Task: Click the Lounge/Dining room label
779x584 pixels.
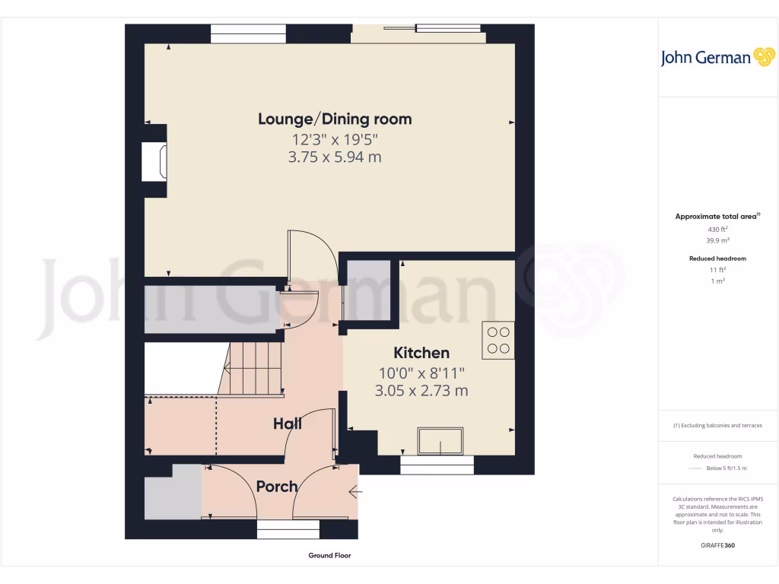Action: click(335, 119)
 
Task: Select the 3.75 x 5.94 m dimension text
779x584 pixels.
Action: click(335, 157)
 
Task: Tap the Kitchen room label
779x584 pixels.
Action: click(421, 353)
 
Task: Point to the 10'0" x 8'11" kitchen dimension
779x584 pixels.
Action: click(421, 373)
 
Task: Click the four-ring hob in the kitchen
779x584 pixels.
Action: click(498, 340)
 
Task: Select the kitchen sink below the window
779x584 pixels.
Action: click(440, 440)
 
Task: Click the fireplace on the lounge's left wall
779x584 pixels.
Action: click(154, 162)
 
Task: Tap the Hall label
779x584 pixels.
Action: click(288, 424)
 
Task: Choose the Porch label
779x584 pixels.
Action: click(276, 487)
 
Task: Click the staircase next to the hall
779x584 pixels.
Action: click(253, 369)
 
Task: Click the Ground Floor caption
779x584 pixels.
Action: click(329, 556)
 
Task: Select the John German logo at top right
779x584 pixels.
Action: click(717, 58)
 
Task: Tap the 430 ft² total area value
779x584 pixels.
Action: click(717, 229)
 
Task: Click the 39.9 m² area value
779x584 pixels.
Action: click(717, 240)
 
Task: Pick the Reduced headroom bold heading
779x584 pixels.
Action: click(717, 259)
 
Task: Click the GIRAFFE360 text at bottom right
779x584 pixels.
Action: click(717, 545)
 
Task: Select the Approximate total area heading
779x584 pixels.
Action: click(717, 217)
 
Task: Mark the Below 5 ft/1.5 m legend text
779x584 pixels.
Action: click(727, 468)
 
